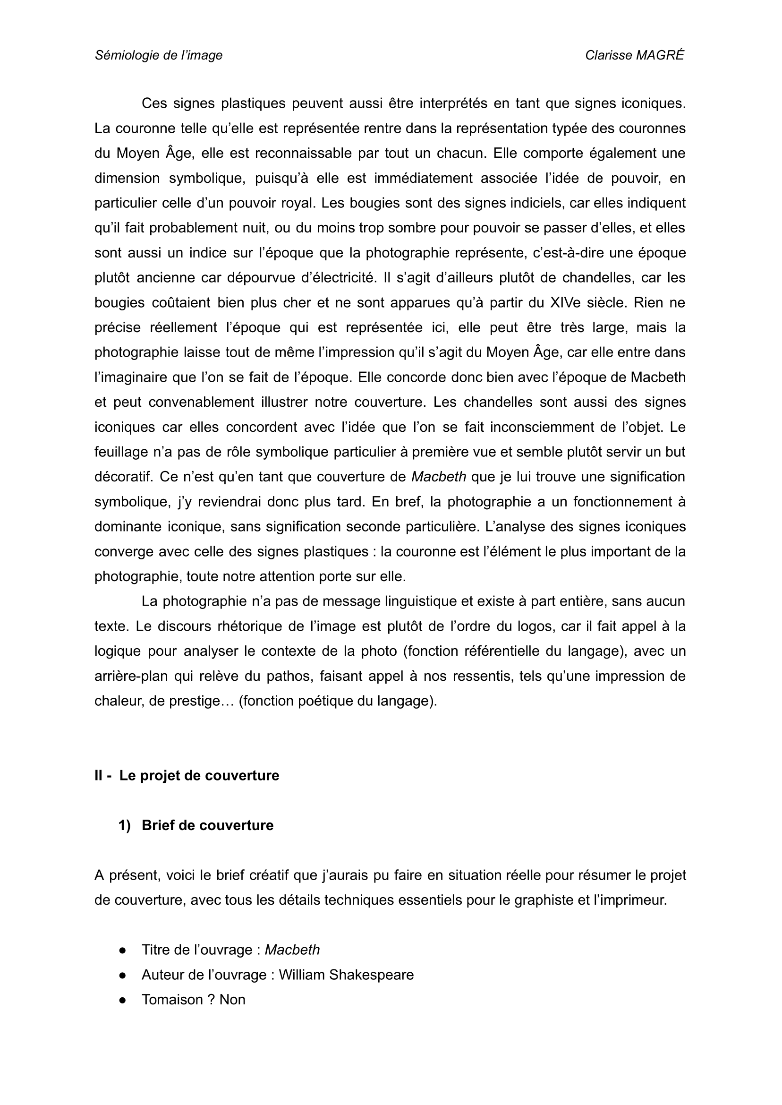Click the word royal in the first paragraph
pos(297,203)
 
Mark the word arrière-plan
pos(131,677)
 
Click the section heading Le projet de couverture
pos(199,776)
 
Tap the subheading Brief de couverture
pos(207,825)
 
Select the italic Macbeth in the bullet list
pos(292,950)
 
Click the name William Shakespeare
pos(346,975)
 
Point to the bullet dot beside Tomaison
pos(123,1000)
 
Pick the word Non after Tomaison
pos(233,1000)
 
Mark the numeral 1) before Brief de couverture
pos(124,825)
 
